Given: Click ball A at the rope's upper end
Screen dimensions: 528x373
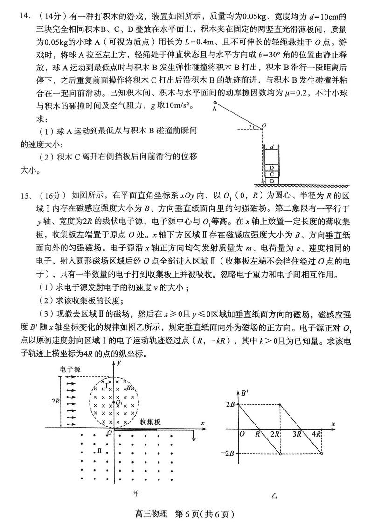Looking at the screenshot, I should coord(215,103).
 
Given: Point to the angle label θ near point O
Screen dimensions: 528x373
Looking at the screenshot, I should coord(250,125).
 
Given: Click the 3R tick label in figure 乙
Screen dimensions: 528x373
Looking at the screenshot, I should coord(297,434).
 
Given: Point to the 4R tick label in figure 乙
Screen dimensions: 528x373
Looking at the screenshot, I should coord(317,434).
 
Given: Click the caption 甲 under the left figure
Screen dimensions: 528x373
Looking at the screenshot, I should coord(136,493).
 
